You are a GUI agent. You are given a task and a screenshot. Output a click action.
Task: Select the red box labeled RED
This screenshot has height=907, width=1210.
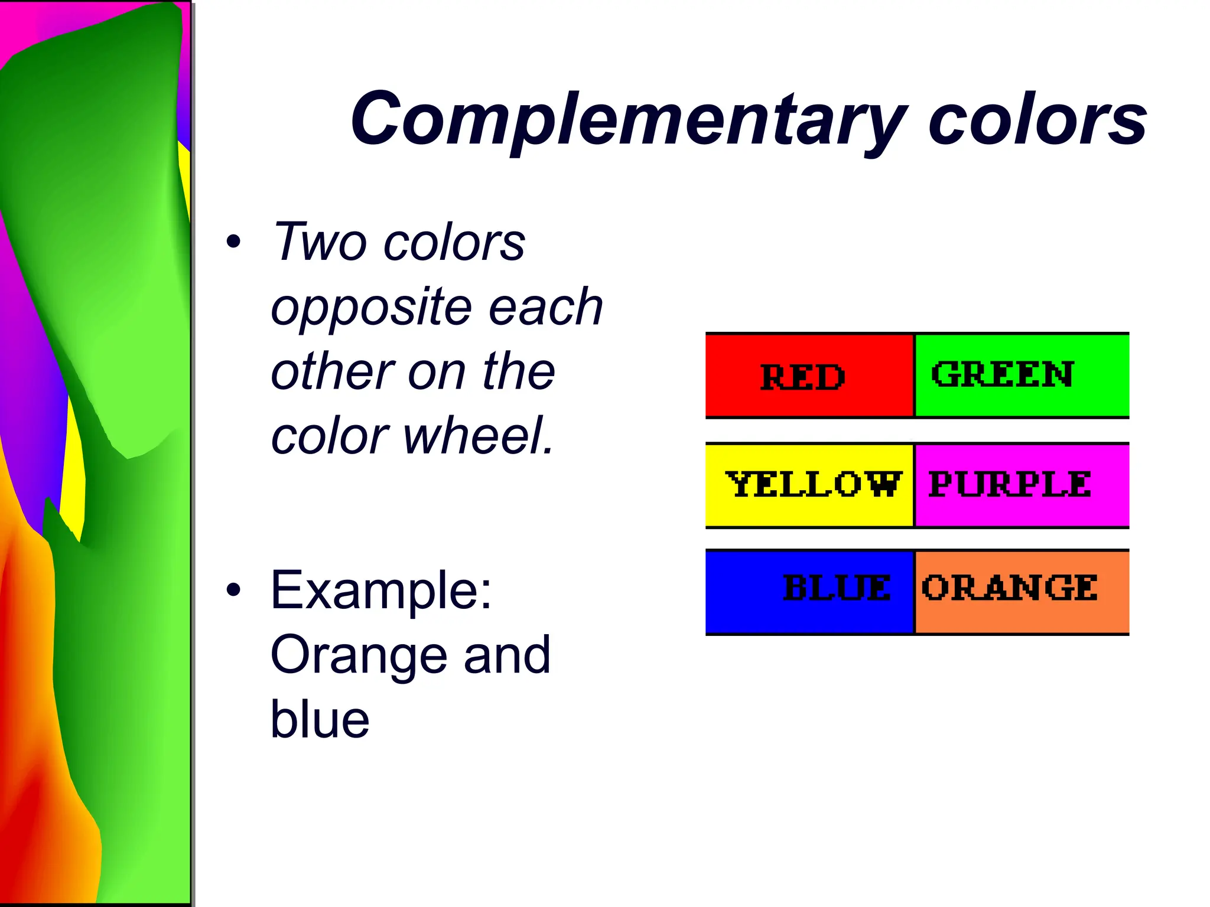coord(809,376)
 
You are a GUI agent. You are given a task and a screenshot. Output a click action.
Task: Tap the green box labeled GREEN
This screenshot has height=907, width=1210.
coord(1022,376)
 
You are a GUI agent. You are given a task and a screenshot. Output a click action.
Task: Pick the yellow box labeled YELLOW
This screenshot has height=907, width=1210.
coord(809,485)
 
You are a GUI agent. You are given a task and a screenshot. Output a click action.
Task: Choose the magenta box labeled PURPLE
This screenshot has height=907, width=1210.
coord(1022,485)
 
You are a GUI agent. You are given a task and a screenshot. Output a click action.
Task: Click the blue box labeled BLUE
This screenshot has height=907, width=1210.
coord(809,592)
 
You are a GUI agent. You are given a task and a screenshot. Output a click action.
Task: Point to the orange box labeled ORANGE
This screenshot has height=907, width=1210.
coord(1022,592)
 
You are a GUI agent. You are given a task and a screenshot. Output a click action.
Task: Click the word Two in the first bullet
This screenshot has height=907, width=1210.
coord(320,242)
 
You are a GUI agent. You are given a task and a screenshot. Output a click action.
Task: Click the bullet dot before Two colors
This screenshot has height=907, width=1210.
coord(234,242)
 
